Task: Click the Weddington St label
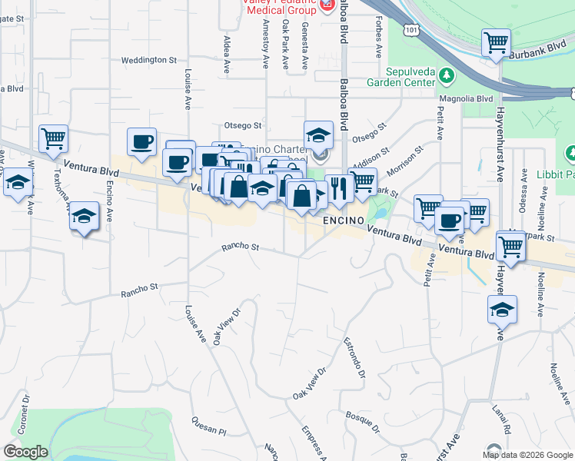[x=149, y=59]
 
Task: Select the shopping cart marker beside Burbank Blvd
[x=496, y=43]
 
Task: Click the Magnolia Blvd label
[x=465, y=98]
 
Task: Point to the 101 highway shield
[x=413, y=29]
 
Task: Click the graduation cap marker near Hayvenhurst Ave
[x=502, y=310]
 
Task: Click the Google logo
[x=25, y=451]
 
